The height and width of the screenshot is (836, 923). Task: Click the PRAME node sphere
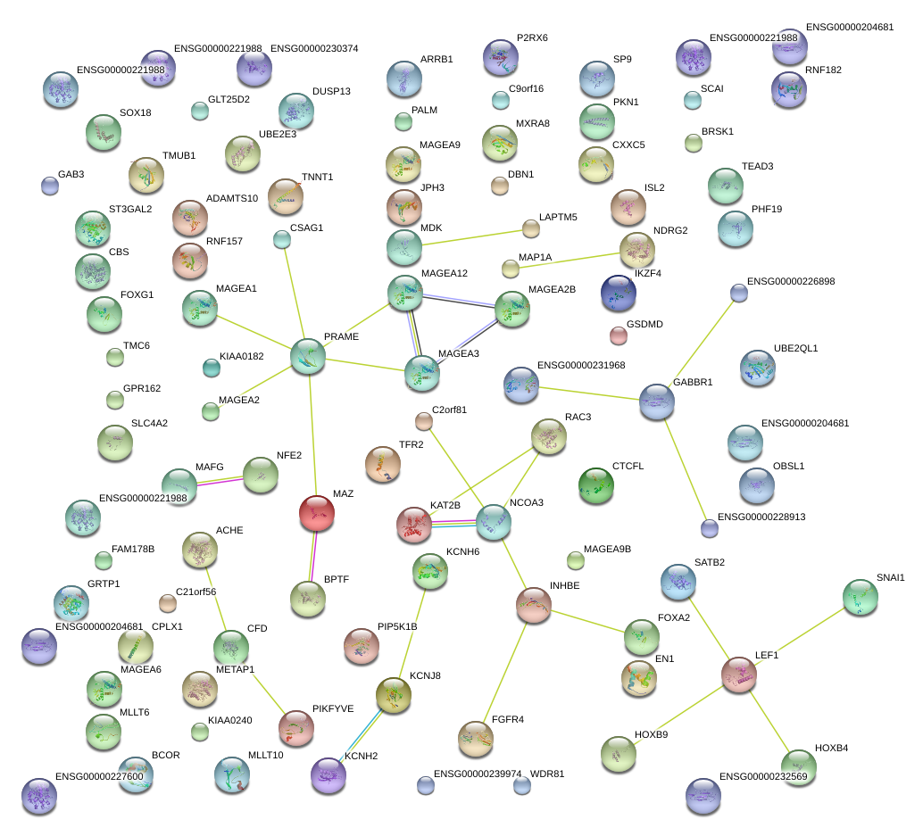tap(308, 357)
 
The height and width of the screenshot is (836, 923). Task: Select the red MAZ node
tap(317, 513)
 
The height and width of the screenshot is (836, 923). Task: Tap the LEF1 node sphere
tap(739, 675)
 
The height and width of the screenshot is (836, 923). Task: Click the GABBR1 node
tap(656, 401)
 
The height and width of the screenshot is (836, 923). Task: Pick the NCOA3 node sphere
tap(494, 522)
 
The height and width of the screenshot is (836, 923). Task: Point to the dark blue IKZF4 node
tap(618, 293)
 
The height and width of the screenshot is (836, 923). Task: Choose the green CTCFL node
tap(596, 485)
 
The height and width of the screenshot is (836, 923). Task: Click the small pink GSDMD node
tap(618, 336)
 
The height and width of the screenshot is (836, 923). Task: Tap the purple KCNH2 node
tap(328, 774)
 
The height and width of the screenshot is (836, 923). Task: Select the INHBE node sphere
tap(533, 605)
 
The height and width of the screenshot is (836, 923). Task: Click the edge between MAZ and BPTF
tap(312, 556)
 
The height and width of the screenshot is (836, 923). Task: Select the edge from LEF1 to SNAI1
tap(800, 636)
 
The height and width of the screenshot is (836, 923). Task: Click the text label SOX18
tap(136, 113)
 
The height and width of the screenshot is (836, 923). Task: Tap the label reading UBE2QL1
tap(796, 348)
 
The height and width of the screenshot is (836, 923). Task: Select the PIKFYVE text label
tap(333, 709)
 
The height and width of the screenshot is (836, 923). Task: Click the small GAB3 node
tap(50, 186)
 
